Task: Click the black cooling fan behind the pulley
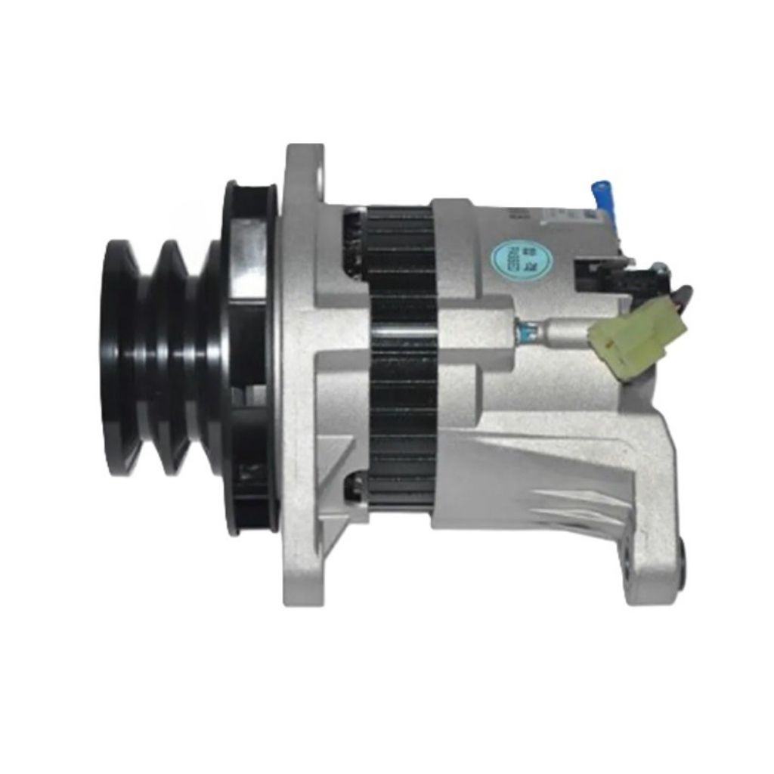tap(246, 355)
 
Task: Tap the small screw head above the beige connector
tap(660, 265)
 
